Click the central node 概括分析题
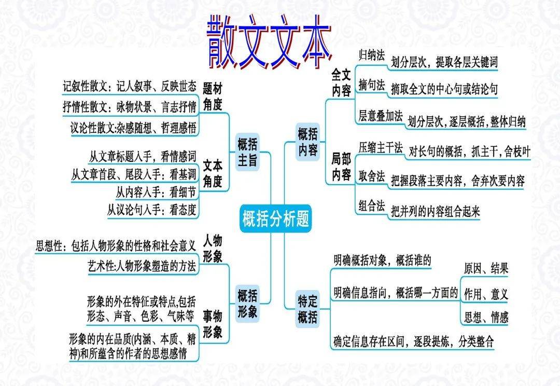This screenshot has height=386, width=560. (275, 219)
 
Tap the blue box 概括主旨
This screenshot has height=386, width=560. (247, 152)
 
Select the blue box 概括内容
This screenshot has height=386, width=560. (307, 141)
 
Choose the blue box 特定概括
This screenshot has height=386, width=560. (307, 309)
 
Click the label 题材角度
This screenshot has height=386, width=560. (213, 96)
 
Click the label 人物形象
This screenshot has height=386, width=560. (213, 248)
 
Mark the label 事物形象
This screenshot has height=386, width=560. (213, 324)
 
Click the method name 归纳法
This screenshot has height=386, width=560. (371, 54)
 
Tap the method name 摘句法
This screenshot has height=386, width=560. (371, 86)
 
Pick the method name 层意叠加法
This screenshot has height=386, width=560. (380, 116)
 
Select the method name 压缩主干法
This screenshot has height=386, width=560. (380, 148)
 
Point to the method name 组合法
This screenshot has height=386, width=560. (371, 206)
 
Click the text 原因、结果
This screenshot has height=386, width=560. (486, 268)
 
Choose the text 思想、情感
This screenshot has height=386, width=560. (486, 317)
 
